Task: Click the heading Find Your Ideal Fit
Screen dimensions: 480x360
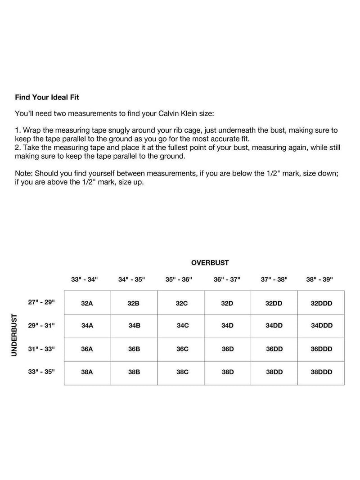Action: pyautogui.click(x=47, y=97)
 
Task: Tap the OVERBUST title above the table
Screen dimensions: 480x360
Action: pyautogui.click(x=210, y=263)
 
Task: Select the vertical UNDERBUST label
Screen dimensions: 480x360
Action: pyautogui.click(x=14, y=335)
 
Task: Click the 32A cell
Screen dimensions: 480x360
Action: pyautogui.click(x=87, y=303)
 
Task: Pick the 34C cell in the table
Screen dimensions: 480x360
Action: pyautogui.click(x=183, y=326)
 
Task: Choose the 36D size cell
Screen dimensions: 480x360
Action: pyautogui.click(x=228, y=349)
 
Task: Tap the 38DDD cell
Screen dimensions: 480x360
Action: pyautogui.click(x=321, y=372)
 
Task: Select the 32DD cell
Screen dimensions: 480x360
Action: pyautogui.click(x=274, y=303)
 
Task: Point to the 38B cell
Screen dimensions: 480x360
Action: pyautogui.click(x=134, y=372)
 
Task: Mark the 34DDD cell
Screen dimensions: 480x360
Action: pyautogui.click(x=321, y=326)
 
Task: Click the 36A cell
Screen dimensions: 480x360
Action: pyautogui.click(x=87, y=349)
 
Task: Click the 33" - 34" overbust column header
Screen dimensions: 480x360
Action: pyautogui.click(x=84, y=279)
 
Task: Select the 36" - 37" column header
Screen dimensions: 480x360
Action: pyautogui.click(x=227, y=279)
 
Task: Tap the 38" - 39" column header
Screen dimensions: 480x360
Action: pyautogui.click(x=319, y=279)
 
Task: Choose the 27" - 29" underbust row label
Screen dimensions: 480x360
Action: pyautogui.click(x=41, y=302)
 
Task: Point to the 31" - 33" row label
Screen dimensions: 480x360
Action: pyautogui.click(x=41, y=348)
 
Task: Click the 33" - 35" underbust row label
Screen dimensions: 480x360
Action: pyautogui.click(x=41, y=372)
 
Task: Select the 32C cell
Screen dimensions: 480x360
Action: pyautogui.click(x=182, y=303)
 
